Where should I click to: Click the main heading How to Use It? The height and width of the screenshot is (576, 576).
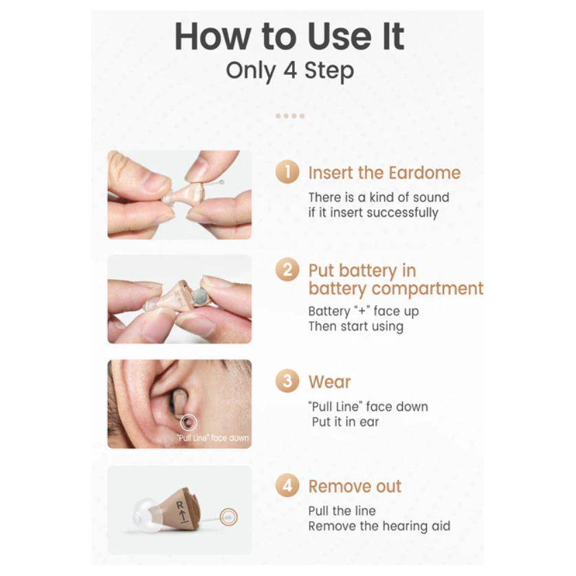pos(289,36)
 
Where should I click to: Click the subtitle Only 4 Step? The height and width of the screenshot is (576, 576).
pos(289,71)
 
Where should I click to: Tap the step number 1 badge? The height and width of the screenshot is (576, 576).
pos(287,172)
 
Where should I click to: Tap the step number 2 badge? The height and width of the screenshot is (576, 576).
pos(287,270)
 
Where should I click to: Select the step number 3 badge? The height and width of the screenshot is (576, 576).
pos(287,381)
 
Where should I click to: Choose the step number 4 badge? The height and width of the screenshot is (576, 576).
pos(287,486)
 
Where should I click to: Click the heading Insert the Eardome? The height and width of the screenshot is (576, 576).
pos(384,173)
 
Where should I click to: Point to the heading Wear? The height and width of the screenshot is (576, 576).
pos(329,382)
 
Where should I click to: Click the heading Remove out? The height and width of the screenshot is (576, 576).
pos(355,487)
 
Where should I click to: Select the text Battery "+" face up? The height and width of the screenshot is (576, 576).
pos(363,311)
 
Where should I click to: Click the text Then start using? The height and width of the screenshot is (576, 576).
pos(355,326)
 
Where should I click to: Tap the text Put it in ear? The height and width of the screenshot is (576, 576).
pos(345,421)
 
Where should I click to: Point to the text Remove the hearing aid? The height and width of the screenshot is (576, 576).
pos(379,526)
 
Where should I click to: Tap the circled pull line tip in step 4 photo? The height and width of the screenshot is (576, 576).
pos(228,517)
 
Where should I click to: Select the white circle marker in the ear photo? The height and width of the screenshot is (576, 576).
pos(188,423)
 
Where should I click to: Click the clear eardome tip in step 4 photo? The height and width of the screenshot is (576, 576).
pos(142,514)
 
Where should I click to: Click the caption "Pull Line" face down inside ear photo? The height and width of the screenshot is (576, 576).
pos(212,438)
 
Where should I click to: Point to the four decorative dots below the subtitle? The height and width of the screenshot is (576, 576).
pos(289,115)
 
